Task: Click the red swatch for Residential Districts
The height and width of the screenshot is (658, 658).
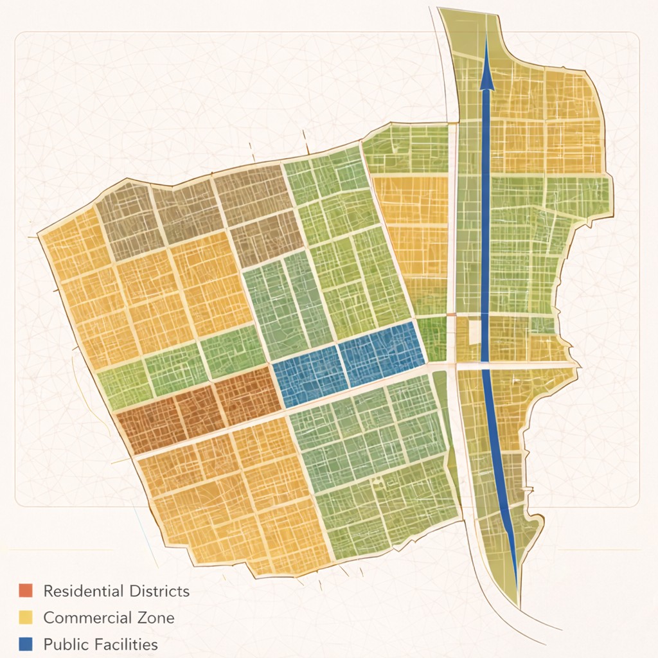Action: point(25,591)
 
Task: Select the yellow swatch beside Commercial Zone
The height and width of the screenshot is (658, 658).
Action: point(25,618)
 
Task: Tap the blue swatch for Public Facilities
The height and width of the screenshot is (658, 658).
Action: point(25,644)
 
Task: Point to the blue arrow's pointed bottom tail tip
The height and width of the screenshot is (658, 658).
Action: point(516,569)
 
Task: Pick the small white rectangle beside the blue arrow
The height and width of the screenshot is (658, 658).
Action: point(475,332)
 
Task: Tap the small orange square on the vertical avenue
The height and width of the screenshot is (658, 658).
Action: point(452,314)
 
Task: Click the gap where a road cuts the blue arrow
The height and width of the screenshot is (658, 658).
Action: point(486,365)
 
